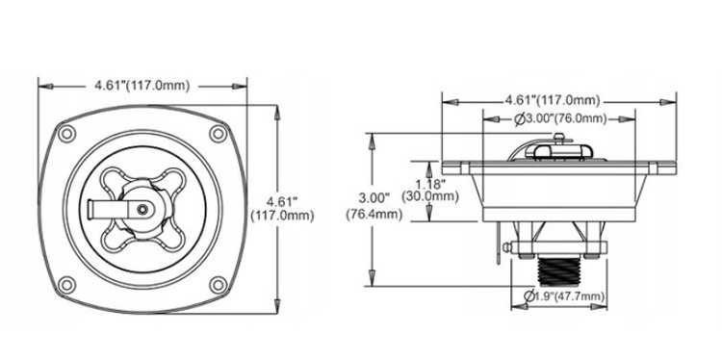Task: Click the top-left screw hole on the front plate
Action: tap(66, 134)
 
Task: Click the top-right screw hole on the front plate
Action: tap(218, 134)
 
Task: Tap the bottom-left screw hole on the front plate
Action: tap(66, 285)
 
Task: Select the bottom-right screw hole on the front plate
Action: tap(218, 285)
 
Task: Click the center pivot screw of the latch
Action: tap(142, 210)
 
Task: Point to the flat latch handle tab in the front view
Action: tap(106, 210)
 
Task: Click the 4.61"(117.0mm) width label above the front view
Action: tap(142, 86)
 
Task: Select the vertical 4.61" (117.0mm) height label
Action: tap(283, 209)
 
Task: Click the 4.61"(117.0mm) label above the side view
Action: tap(553, 100)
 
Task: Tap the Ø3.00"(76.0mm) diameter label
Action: tap(560, 118)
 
